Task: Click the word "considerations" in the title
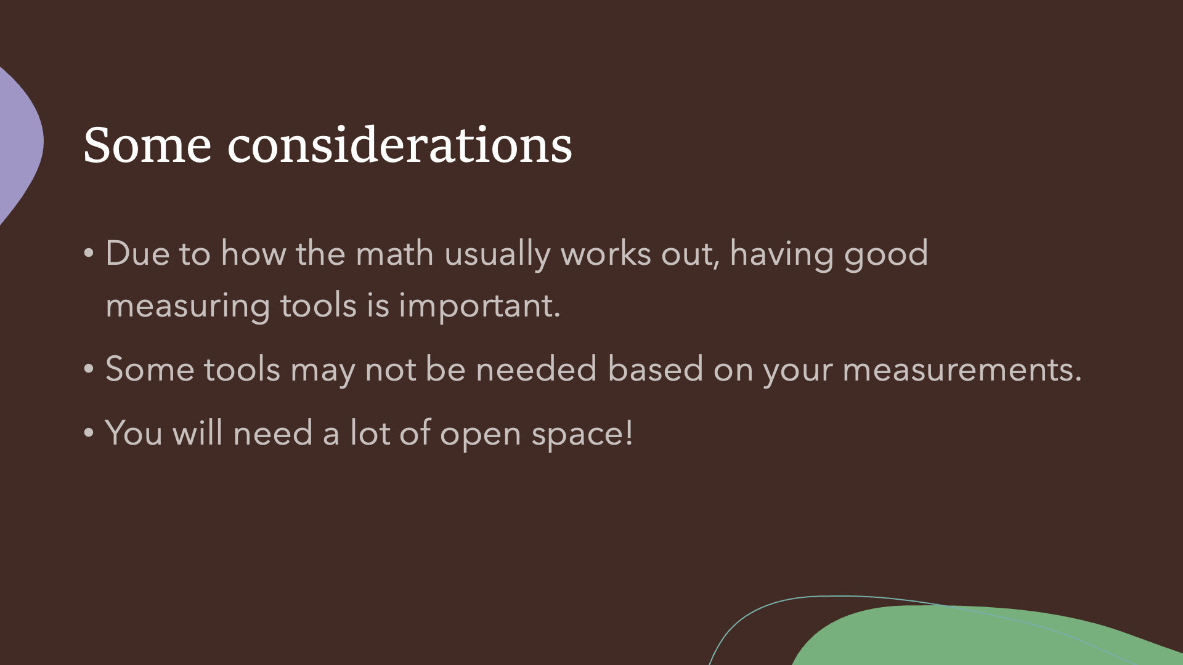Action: pos(400,145)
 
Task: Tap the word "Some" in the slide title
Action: pos(147,145)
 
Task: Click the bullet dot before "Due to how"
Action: pos(89,253)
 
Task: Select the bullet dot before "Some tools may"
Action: pos(89,369)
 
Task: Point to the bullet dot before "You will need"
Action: pos(89,433)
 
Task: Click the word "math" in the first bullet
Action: pos(394,254)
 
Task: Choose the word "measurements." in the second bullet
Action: pos(962,371)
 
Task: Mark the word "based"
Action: pos(655,369)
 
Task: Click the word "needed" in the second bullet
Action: pos(536,369)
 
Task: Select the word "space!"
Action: pos(582,435)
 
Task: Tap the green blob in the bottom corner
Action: pos(986,637)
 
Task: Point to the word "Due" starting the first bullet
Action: pos(137,254)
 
